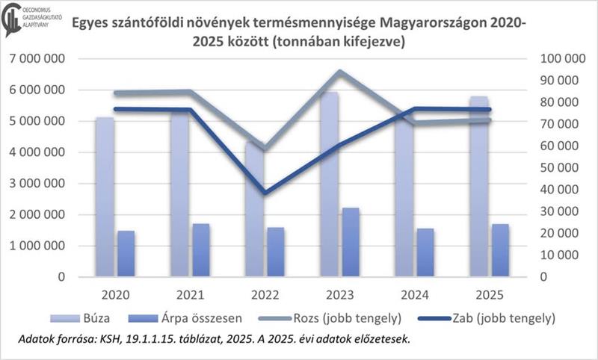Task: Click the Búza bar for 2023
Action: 330,187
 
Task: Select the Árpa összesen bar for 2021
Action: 200,250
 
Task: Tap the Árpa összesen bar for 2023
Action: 351,242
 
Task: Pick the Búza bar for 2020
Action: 105,197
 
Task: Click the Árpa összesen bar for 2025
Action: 501,250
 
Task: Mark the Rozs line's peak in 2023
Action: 339,72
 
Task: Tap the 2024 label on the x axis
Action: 415,294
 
